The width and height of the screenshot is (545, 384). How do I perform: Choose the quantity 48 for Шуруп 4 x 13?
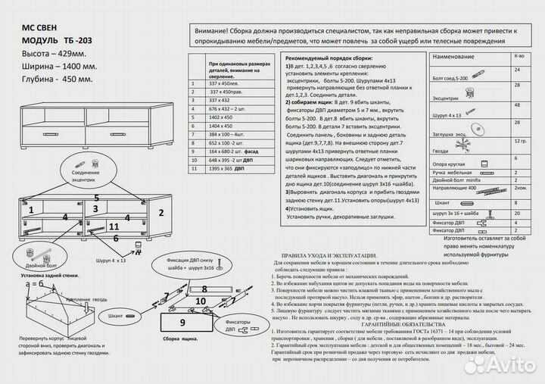click(x=517, y=105)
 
